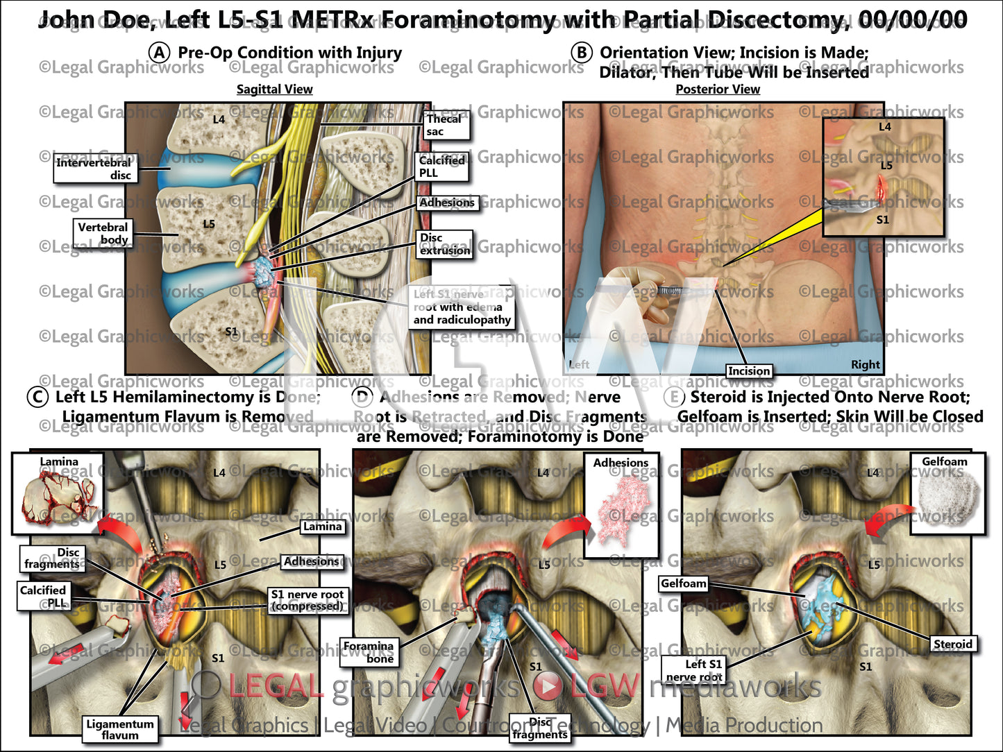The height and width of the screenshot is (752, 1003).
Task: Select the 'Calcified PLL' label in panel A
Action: click(441, 166)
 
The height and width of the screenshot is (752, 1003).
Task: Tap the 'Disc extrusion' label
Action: click(445, 244)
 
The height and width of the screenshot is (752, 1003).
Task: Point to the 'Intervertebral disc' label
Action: click(94, 169)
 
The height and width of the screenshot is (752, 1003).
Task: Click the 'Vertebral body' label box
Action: click(103, 233)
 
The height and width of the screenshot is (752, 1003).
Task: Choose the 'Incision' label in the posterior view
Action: click(749, 371)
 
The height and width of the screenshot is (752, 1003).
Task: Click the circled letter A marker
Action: click(160, 53)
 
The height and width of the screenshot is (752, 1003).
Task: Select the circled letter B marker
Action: click(582, 53)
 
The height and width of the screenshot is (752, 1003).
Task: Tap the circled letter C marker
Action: click(37, 398)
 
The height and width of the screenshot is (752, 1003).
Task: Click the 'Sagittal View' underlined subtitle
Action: click(274, 89)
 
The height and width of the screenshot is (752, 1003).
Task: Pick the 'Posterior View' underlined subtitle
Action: click(718, 89)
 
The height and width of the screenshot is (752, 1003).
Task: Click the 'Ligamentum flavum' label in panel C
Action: click(120, 730)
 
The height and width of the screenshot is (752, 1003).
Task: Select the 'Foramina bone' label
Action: click(368, 652)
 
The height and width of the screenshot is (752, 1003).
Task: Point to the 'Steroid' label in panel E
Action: click(952, 644)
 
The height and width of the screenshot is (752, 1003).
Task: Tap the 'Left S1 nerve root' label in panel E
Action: click(694, 670)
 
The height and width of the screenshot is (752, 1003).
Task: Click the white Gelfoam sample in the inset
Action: click(948, 498)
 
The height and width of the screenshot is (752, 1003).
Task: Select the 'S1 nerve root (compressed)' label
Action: click(307, 600)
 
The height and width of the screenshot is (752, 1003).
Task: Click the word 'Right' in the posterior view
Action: click(865, 365)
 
